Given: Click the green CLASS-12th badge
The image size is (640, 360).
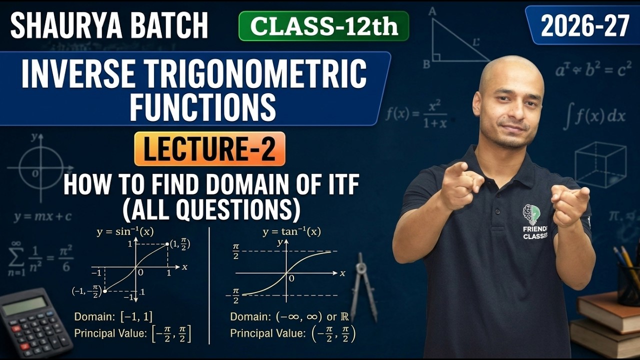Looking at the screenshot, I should pos(324,26).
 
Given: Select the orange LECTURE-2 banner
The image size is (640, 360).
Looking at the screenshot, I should pos(209,149).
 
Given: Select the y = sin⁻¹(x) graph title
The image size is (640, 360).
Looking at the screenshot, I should pos(125,232).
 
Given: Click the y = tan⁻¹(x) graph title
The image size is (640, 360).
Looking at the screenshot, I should pos(291,232).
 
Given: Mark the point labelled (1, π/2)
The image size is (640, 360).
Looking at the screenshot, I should pos(167,245).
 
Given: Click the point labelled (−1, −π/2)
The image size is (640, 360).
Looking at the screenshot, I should pos(104,290).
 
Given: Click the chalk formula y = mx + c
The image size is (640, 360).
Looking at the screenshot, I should pos(43,216).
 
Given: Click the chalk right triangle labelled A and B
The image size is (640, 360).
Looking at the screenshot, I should pos(452,42).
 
